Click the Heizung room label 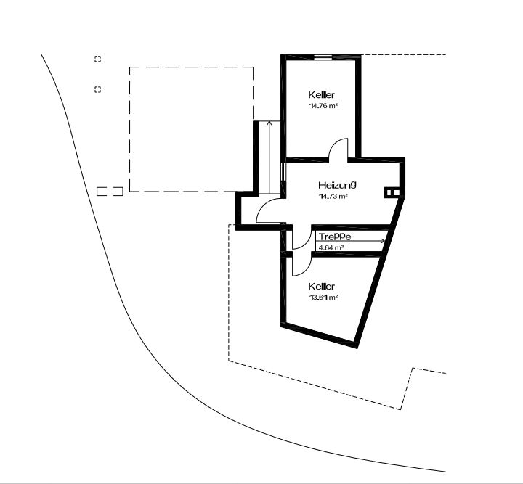337,185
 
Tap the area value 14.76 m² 323,106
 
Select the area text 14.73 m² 333,196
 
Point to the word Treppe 335,237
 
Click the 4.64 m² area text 331,247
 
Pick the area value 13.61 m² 323,297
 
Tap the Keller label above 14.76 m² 321,95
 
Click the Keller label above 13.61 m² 321,287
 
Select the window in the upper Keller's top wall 323,57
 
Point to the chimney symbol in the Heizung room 392,192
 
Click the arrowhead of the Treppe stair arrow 384,240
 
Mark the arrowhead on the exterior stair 269,123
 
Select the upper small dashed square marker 97,59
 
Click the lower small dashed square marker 97,89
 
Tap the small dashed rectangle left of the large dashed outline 110,191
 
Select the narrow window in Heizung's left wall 283,171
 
